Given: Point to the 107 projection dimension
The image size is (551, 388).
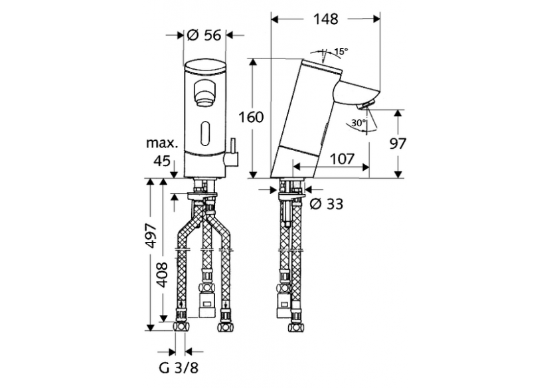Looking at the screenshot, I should pos(340,159).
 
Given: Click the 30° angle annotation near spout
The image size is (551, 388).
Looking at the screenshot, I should pos(358,124).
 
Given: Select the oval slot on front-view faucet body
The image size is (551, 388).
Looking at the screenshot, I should pos(204,132).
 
